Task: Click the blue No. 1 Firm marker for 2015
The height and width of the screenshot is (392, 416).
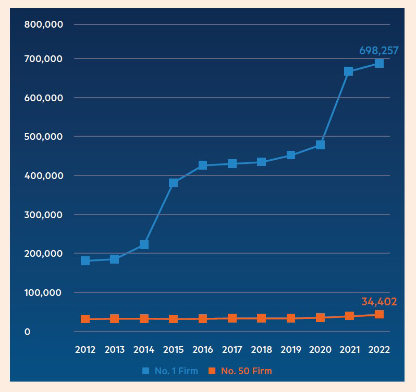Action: coord(173,183)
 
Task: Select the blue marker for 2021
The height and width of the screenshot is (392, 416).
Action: coord(348,71)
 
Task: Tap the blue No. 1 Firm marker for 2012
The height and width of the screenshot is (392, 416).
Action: coord(85,261)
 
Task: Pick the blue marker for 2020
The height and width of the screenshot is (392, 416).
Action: coord(320,145)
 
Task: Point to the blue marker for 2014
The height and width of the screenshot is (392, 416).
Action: coord(144,244)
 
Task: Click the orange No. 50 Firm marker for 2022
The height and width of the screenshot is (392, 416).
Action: coord(379,314)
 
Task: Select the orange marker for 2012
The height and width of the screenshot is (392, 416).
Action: coord(85,319)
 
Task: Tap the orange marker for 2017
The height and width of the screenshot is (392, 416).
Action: coord(232,318)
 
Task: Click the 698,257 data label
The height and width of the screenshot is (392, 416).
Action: coord(379,51)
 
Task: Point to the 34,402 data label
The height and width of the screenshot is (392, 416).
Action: coord(379,302)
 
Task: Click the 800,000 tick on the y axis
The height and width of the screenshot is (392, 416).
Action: coord(43,25)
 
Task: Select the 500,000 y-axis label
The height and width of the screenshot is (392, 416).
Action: coord(43,137)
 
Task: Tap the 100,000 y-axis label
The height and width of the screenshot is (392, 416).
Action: coord(43,293)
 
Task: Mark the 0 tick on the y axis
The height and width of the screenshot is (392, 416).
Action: coord(27,332)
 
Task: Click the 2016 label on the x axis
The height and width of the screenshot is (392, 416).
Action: coord(203,350)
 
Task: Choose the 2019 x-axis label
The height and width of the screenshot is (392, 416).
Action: coord(291,350)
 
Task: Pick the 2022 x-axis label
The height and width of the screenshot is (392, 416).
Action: coord(379,350)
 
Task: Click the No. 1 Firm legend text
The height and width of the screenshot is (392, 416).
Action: coord(176,371)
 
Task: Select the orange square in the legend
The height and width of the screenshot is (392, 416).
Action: coord(212,371)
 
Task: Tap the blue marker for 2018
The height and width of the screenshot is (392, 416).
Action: coord(261,162)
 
